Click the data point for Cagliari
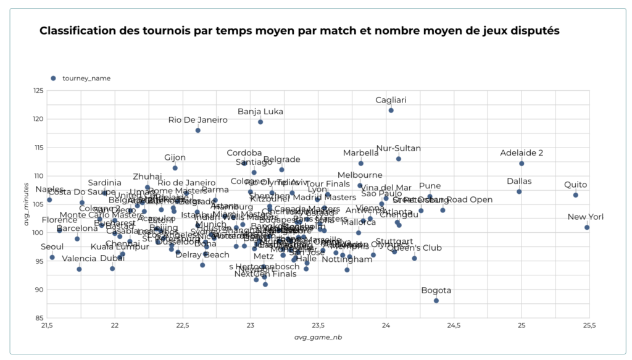(x=391, y=111)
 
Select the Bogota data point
(x=436, y=301)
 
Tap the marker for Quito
(x=576, y=195)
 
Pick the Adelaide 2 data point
(x=522, y=164)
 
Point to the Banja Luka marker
(x=260, y=122)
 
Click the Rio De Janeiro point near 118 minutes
(x=198, y=130)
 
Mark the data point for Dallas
(x=519, y=191)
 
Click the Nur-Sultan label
(x=398, y=148)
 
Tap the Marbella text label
(x=361, y=153)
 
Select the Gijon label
(x=175, y=157)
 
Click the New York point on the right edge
(x=587, y=227)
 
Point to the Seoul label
(x=52, y=246)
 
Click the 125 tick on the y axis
(x=37, y=91)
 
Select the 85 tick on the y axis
(x=38, y=318)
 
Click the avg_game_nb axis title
(x=318, y=337)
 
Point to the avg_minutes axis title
(x=27, y=204)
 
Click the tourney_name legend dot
(x=53, y=78)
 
